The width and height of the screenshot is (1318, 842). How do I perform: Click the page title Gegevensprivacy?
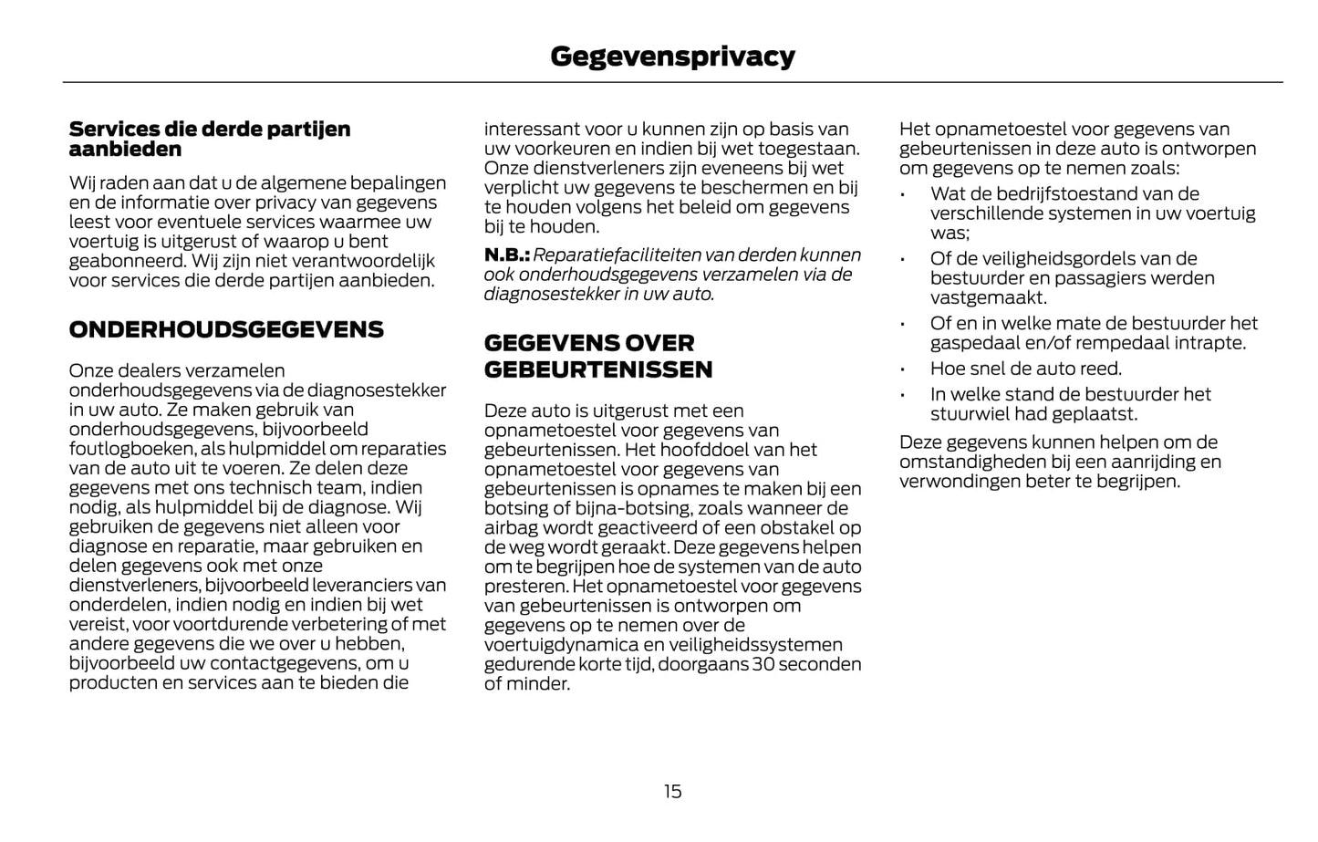point(672,57)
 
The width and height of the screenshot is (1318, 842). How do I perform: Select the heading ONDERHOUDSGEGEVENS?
point(226,329)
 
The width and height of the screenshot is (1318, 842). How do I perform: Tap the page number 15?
point(672,791)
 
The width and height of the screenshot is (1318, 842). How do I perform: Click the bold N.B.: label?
point(506,255)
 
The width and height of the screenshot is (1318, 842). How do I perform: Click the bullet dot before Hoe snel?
point(901,369)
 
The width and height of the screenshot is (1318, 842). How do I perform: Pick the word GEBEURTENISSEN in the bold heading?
point(597,369)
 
